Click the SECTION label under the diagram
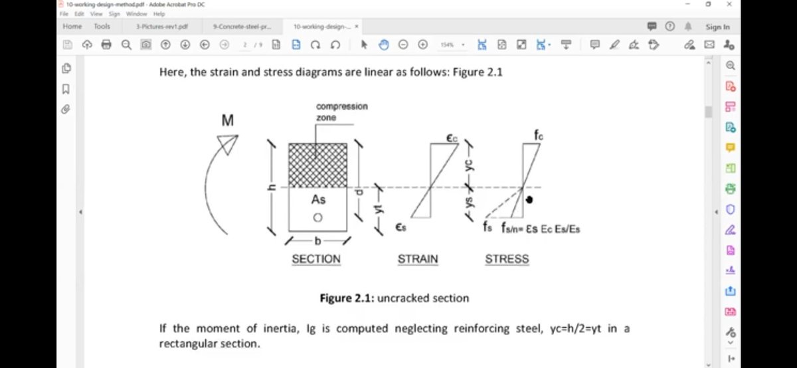(316, 259)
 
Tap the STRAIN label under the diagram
(418, 259)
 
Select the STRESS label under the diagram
(507, 259)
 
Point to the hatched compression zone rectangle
(317, 165)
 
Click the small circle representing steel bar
(317, 218)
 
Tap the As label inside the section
(318, 199)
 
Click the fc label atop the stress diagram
(539, 135)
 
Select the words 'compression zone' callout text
(341, 112)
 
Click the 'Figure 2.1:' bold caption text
(347, 298)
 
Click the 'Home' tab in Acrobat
(72, 27)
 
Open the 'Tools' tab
(102, 27)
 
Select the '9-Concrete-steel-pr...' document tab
(242, 27)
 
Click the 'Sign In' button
(717, 27)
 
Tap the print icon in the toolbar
(106, 45)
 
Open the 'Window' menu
(136, 13)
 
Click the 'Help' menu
(159, 13)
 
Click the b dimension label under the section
(317, 240)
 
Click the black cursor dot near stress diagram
(530, 199)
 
